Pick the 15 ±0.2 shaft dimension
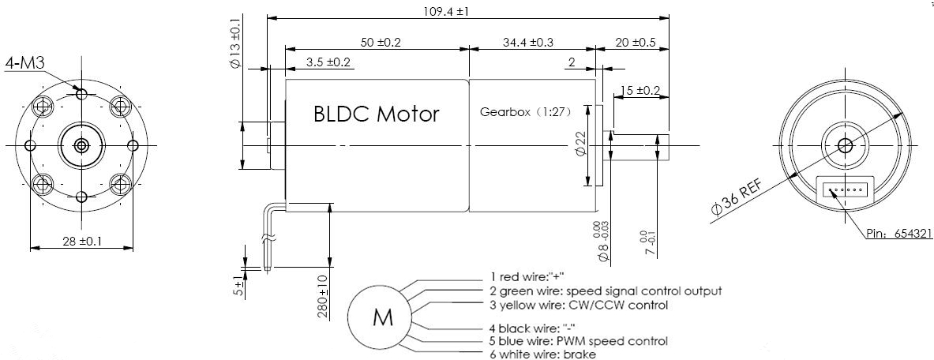coord(640,91)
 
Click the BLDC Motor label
coord(376,114)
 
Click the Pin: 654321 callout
coord(896,234)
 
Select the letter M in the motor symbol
coord(382,318)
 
